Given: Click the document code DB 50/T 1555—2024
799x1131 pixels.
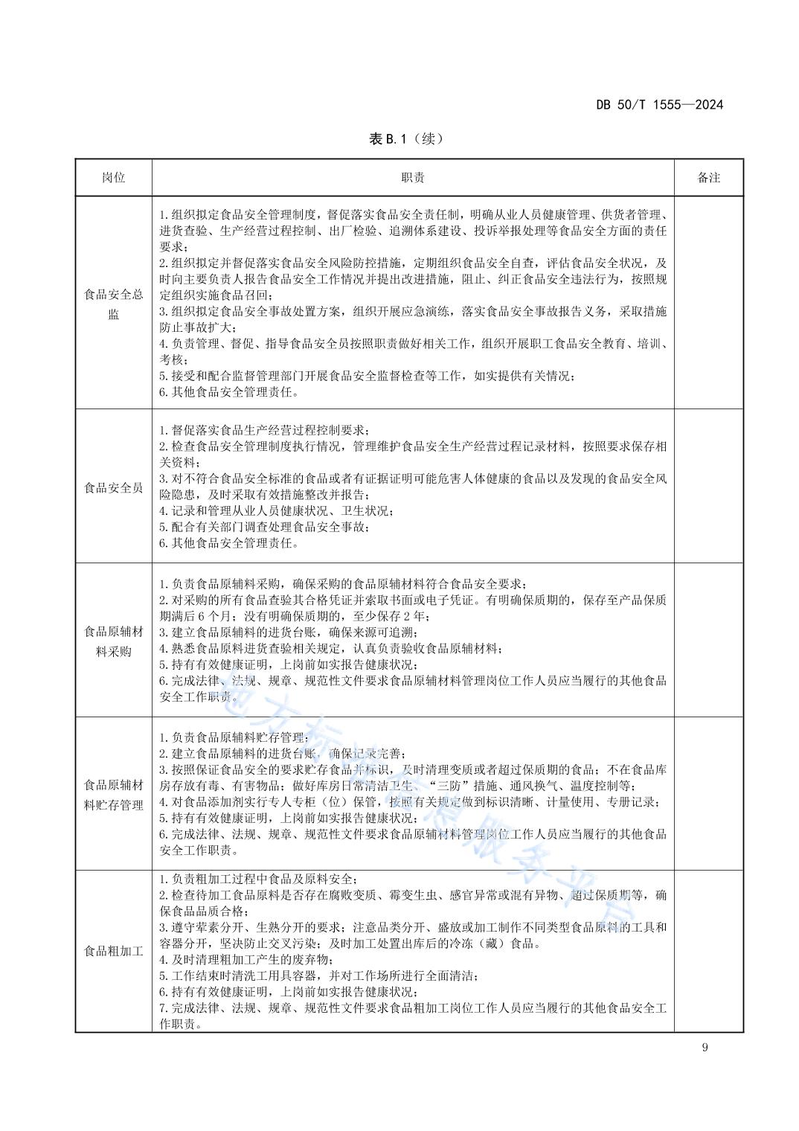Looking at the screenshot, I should point(659,105).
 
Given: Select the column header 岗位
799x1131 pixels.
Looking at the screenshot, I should point(114,178).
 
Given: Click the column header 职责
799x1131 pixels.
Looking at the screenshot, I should point(413,178).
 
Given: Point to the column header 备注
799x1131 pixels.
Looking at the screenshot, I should point(708,178).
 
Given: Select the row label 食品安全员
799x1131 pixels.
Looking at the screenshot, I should point(114,488).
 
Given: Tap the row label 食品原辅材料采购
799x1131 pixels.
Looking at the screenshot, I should point(114,641).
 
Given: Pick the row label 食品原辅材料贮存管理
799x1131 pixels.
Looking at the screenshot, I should point(114,795).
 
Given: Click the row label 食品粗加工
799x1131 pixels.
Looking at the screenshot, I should point(114,951).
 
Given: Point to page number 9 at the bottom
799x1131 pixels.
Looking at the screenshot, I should point(705,1048).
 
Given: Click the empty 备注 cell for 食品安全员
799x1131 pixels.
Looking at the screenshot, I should point(708,487).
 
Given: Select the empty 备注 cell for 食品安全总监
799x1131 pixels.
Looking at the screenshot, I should point(708,303).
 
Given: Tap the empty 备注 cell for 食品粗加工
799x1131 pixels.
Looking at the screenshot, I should point(708,950).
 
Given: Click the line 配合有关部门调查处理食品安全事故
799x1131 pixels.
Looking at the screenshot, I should point(264,527).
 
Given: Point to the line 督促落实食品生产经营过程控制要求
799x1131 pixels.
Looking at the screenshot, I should point(264,430).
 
